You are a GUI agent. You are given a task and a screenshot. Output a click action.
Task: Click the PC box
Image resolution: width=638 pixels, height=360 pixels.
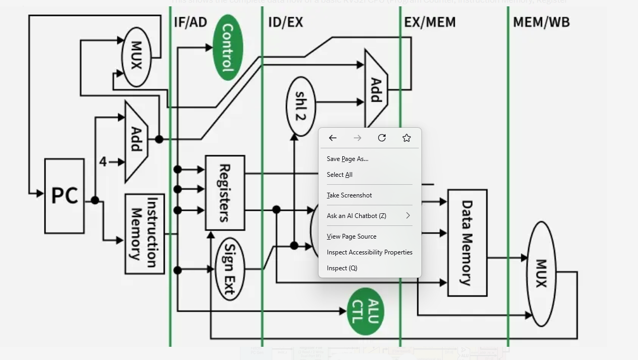coord(64,196)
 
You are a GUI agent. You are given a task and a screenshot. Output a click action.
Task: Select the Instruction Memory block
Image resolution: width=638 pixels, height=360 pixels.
coord(144,233)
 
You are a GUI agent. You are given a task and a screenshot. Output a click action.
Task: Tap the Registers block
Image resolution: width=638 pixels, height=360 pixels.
coord(224,193)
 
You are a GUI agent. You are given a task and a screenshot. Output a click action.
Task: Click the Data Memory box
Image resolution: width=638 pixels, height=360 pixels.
coord(467,242)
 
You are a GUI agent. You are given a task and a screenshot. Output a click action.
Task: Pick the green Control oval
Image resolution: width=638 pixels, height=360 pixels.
coord(228,48)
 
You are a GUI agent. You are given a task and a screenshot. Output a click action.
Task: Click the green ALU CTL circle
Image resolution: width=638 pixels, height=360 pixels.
coord(365,311)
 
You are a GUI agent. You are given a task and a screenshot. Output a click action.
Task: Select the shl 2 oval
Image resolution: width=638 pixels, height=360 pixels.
coord(301,106)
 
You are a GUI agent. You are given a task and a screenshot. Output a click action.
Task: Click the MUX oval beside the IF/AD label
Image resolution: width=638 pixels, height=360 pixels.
coord(136,56)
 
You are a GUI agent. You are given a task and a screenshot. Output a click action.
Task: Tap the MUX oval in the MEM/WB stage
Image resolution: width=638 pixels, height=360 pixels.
coord(541,273)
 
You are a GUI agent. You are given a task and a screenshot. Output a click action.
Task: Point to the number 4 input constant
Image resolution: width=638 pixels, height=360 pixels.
coord(103,162)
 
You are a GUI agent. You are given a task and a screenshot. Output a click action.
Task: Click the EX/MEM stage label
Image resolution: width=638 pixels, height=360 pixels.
coord(429,22)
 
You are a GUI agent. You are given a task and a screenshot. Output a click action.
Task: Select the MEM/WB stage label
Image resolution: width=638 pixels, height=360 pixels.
coord(541,22)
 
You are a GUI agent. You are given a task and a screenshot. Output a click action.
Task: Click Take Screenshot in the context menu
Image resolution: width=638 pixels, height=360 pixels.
coord(349,195)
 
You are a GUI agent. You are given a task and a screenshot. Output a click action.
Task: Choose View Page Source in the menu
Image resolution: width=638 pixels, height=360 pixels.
coord(351,236)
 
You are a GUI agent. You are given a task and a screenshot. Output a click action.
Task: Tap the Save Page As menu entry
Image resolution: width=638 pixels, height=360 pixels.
coord(348,159)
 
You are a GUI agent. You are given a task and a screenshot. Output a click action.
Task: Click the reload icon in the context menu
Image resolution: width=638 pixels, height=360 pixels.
coord(382,138)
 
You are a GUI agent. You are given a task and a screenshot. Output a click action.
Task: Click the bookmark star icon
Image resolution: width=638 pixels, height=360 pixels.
coord(407,138)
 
